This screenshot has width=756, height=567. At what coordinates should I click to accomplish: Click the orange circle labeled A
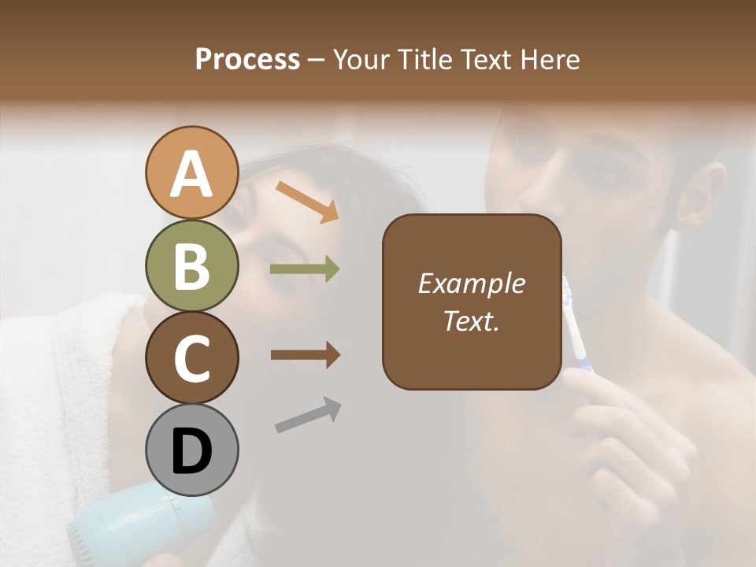(191, 173)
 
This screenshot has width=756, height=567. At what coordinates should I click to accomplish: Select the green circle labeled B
(191, 266)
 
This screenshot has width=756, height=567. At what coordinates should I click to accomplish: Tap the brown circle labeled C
(191, 358)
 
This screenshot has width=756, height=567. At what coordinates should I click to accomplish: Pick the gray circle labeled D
(191, 450)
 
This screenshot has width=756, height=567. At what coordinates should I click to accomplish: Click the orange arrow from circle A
(307, 201)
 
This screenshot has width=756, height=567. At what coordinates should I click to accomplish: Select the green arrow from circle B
(305, 269)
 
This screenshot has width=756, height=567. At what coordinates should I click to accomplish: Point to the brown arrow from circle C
(305, 355)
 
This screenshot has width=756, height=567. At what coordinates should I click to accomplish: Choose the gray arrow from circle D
(308, 415)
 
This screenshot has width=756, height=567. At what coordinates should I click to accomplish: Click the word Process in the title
(247, 59)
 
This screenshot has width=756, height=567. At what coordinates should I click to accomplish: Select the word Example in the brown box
(471, 283)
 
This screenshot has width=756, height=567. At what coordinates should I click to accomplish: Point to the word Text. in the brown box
(471, 321)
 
